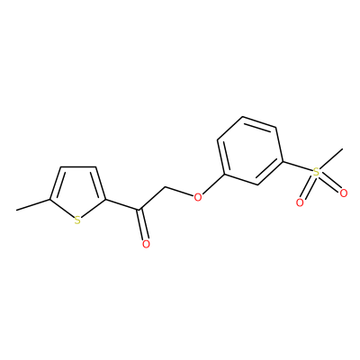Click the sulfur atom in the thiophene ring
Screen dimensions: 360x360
(x=77, y=220)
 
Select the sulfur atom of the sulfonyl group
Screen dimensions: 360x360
(x=316, y=172)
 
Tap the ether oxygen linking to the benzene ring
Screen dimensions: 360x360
(x=197, y=197)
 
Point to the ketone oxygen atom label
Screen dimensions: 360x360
(x=146, y=244)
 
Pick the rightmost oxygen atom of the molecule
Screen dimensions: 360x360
(x=344, y=193)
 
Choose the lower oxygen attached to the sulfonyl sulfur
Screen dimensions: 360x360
(x=300, y=202)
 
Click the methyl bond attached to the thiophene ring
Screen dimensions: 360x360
(x=33, y=204)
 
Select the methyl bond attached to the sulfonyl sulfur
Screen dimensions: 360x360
(x=331, y=158)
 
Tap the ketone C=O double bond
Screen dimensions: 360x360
(x=142, y=224)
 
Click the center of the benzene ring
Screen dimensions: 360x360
(x=250, y=150)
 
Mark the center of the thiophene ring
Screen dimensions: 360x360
(x=77, y=192)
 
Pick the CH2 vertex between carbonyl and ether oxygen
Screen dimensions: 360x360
(x=166, y=188)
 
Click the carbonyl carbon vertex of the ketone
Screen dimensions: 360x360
(x=139, y=210)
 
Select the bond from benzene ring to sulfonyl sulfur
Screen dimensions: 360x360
(x=298, y=167)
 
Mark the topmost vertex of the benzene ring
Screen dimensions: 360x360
(x=243, y=117)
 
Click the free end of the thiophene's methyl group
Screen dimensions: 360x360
(x=17, y=210)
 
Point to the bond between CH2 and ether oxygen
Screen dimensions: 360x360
(x=179, y=193)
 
